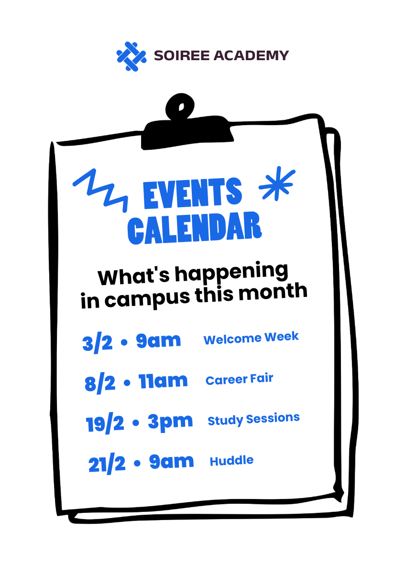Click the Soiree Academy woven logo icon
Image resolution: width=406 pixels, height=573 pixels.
point(132,56)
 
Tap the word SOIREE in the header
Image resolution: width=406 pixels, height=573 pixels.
point(182,55)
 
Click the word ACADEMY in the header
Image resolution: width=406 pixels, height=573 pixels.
point(251,55)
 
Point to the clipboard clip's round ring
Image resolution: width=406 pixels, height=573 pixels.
point(180,106)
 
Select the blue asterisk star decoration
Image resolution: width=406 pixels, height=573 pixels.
point(277,183)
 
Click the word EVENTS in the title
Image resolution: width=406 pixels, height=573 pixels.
point(192,193)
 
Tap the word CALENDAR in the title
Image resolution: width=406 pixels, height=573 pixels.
point(195,228)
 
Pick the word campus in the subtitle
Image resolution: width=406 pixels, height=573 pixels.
point(148,298)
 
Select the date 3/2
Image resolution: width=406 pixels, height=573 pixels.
point(98,342)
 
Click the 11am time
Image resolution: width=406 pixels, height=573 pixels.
point(163,381)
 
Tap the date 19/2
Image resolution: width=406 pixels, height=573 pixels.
point(105,423)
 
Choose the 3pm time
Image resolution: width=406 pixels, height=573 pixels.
point(170,422)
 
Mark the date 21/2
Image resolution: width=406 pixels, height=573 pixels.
point(107,464)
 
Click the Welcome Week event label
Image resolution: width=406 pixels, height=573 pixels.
point(251,338)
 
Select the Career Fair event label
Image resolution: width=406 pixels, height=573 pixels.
point(240,379)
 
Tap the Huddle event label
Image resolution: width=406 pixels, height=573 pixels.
point(231,461)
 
